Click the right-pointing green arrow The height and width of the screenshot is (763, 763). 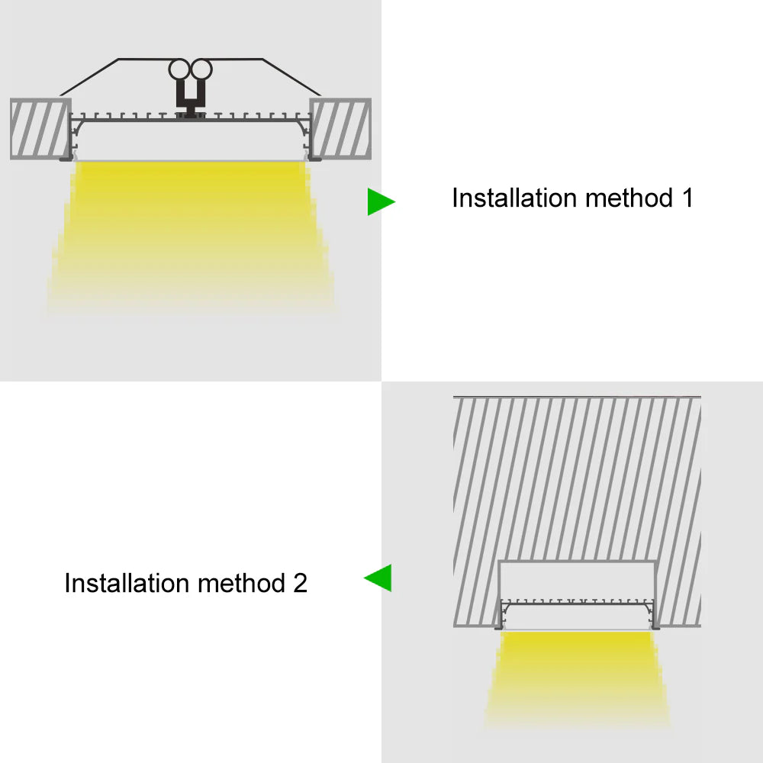click(x=380, y=201)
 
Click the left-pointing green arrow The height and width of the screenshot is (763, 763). click(x=378, y=578)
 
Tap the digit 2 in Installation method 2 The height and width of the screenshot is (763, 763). click(x=299, y=584)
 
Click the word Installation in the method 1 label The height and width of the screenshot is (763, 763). click(x=515, y=198)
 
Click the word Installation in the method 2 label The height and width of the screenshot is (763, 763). click(x=127, y=584)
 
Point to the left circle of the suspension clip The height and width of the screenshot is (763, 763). click(x=180, y=70)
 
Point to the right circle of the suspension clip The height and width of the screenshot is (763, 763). click(x=201, y=70)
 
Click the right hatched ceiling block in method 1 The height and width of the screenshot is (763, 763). click(x=340, y=128)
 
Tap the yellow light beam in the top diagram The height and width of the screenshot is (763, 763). click(x=191, y=229)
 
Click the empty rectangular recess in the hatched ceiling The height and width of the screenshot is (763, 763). click(x=578, y=580)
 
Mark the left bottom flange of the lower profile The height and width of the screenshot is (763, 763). click(x=499, y=626)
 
